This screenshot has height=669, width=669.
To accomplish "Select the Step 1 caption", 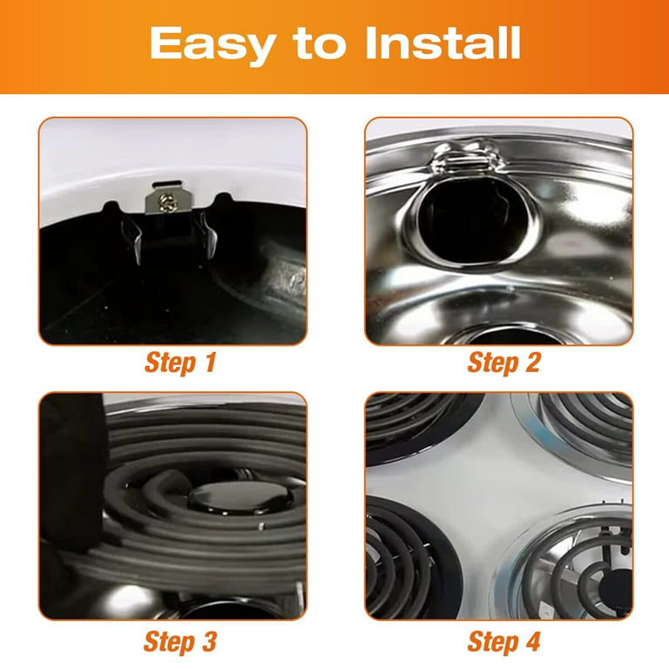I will coord(179,363).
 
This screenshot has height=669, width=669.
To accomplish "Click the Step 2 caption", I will coord(503,363).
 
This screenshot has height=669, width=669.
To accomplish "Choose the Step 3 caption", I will coord(179,643).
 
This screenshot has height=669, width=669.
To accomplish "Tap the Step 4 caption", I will coord(503,643).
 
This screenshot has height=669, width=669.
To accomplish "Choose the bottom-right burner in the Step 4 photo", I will coord(575,566).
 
